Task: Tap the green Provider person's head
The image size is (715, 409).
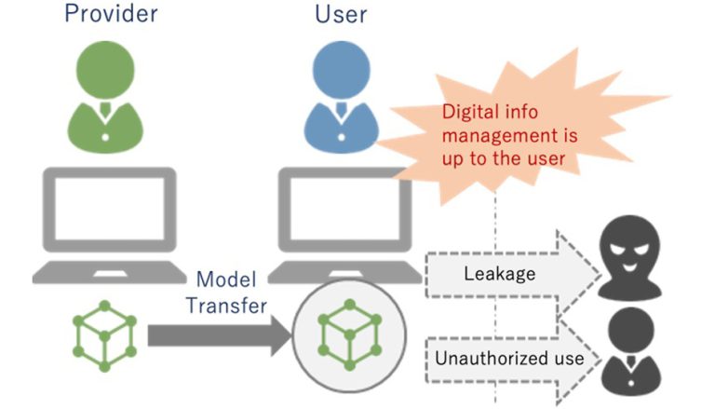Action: tap(103, 70)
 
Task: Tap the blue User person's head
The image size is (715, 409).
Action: tap(339, 70)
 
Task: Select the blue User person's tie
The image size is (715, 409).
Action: tap(339, 116)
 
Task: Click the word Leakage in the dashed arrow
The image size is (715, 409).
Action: tap(498, 273)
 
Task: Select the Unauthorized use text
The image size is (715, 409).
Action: tap(509, 358)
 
